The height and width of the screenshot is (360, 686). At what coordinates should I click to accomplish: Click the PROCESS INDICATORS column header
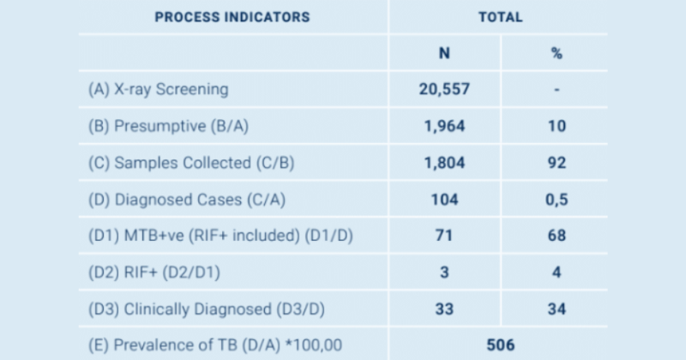coord(232,17)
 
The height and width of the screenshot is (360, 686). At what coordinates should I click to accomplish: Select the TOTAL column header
coord(499,17)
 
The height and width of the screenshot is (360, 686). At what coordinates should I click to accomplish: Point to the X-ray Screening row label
coord(159,89)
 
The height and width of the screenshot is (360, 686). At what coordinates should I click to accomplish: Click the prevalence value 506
coord(499,345)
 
